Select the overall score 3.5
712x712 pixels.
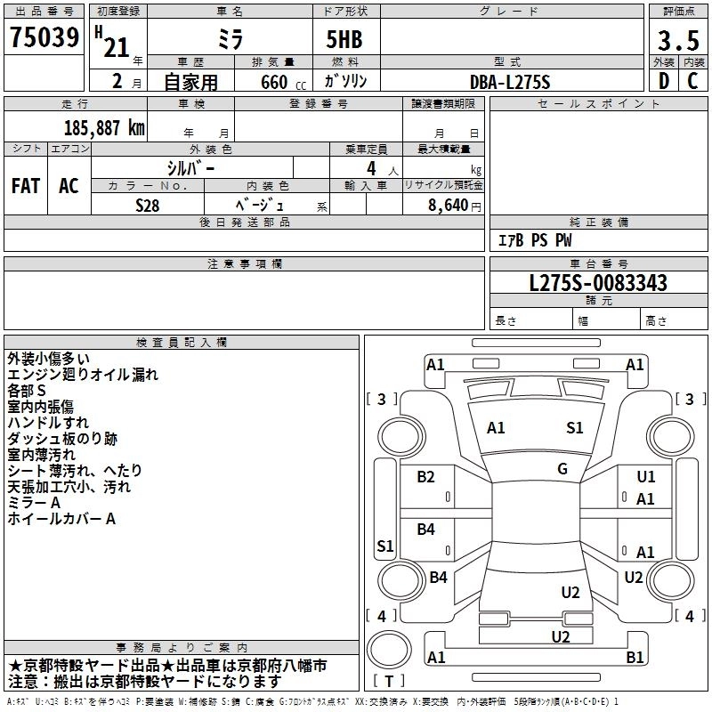coord(676,42)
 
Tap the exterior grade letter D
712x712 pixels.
coord(663,81)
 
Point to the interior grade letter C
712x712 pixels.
coord(692,81)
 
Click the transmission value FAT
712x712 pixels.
coord(26,186)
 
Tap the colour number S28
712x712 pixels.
coord(148,205)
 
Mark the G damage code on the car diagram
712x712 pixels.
coord(562,469)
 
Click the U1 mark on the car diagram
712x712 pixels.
coord(645,478)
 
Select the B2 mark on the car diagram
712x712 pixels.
coord(426,477)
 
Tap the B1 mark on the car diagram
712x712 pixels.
coord(635,658)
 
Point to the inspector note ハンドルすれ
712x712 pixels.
coord(48,423)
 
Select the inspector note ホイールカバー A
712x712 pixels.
coord(61,519)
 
